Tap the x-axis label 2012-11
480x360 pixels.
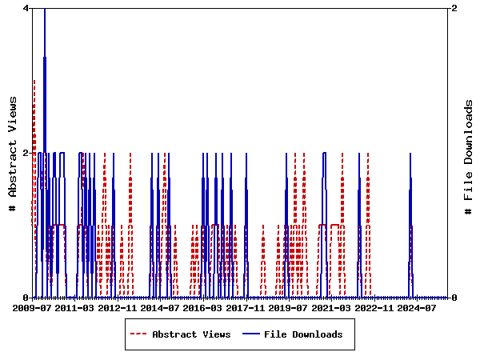[117, 307]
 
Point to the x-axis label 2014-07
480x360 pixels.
[160, 307]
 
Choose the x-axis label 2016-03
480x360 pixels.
[202, 307]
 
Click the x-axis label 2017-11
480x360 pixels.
[245, 307]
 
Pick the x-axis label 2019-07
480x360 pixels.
[288, 307]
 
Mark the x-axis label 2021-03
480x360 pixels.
[330, 307]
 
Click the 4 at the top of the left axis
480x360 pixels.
[26, 8]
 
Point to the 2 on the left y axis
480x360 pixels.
[26, 153]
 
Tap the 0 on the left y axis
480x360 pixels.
[26, 298]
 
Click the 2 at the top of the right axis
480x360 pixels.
[454, 8]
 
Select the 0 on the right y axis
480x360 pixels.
[454, 298]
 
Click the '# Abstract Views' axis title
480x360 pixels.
[12, 153]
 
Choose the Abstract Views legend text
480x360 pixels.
[191, 334]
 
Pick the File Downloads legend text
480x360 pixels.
[303, 334]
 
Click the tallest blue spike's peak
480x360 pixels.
[45, 9]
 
